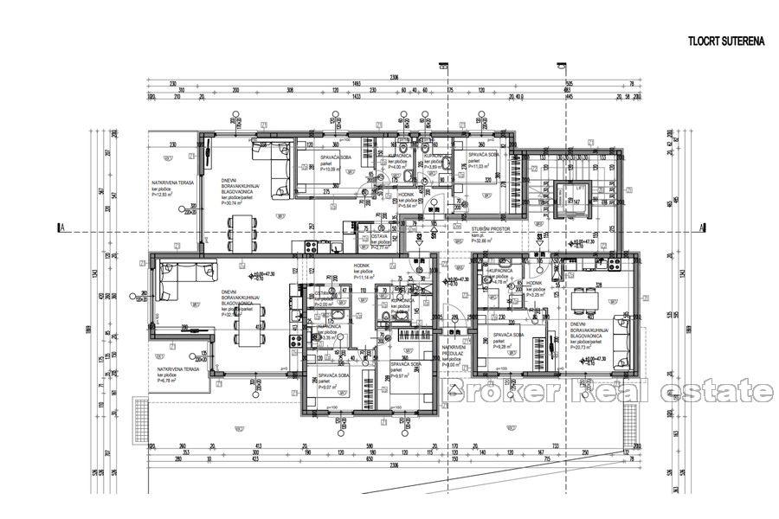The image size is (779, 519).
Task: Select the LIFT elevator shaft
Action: pos(574,202)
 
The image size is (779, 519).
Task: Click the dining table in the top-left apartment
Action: pos(242,232)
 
